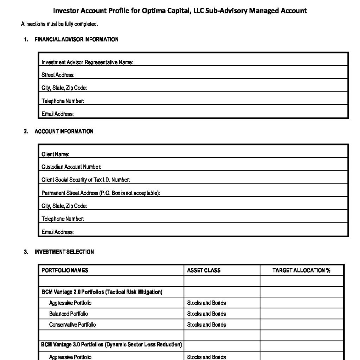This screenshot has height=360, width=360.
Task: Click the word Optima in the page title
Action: point(153,11)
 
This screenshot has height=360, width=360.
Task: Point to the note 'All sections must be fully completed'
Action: point(59,24)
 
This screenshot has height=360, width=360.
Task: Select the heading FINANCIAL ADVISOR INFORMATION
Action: point(76,39)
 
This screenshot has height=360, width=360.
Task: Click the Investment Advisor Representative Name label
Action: point(87,62)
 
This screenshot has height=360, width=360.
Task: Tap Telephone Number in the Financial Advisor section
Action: point(63,101)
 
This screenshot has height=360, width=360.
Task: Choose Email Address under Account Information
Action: point(58,232)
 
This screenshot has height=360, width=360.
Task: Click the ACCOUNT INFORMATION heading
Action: point(64,131)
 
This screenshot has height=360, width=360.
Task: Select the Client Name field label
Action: point(55,154)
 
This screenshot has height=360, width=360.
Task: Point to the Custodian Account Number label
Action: point(71,167)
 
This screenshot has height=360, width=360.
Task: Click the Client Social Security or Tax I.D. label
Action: point(86,180)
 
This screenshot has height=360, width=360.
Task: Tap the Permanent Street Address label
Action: point(101,193)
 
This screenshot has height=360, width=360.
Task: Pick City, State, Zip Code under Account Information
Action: point(64,206)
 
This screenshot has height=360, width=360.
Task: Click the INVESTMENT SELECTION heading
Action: point(64,252)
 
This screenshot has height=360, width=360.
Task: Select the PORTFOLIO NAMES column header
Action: point(65,270)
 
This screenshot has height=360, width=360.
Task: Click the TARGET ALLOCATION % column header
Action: point(301,270)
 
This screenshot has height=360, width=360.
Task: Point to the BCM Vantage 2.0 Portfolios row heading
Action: point(102,292)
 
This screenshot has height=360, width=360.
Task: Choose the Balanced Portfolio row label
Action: point(69,314)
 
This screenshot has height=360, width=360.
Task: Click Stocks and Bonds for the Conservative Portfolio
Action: point(206,324)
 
